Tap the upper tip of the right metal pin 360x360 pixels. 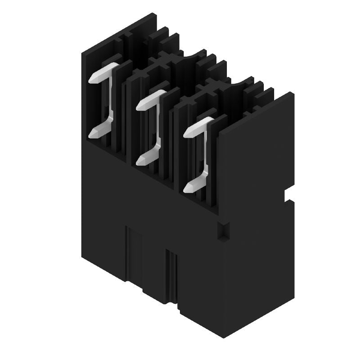click(x=190, y=131)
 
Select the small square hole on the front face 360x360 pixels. click(x=223, y=230)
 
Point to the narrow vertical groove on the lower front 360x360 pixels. click(x=171, y=274)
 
